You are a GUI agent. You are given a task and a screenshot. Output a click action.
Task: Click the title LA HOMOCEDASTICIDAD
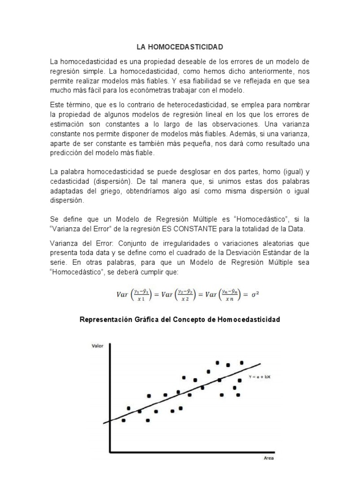(x=180, y=47)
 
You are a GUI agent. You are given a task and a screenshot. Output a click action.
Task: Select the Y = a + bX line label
(x=260, y=377)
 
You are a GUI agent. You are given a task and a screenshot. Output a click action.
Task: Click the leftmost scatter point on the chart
(x=124, y=420)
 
